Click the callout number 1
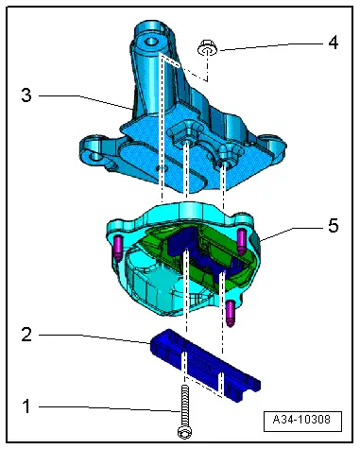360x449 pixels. (x=26, y=406)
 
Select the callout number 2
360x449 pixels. (x=26, y=335)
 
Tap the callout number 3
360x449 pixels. (x=26, y=95)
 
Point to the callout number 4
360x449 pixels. (x=334, y=43)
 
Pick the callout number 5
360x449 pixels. (x=334, y=226)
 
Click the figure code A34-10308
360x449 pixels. (x=302, y=420)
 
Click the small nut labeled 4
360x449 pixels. (x=208, y=49)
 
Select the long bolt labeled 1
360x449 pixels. (x=184, y=412)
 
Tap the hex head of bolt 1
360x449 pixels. (x=184, y=432)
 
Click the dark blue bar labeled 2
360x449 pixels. (x=205, y=366)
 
